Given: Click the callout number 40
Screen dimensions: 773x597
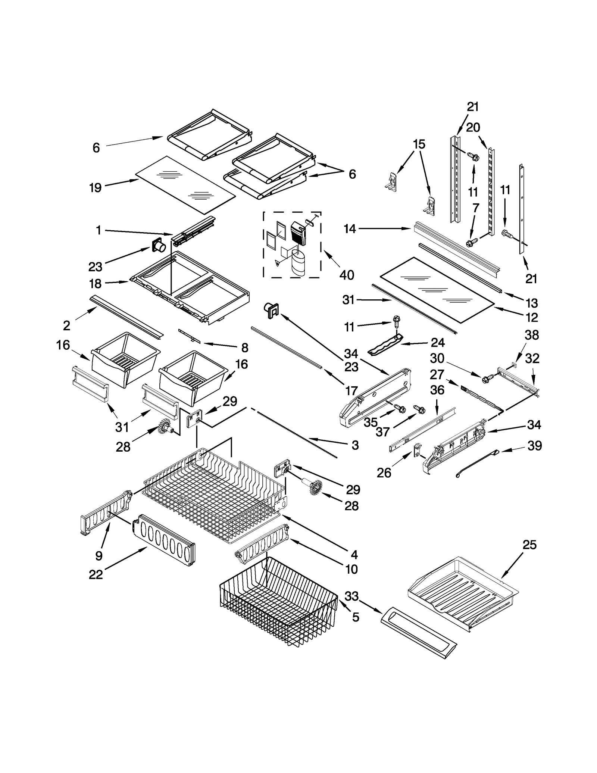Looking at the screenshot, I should pyautogui.click(x=346, y=275).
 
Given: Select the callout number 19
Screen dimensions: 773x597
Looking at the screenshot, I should pyautogui.click(x=96, y=187).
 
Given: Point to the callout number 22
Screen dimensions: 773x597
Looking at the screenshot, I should pyautogui.click(x=96, y=574).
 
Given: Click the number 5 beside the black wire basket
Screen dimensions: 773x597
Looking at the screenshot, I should pyautogui.click(x=356, y=617).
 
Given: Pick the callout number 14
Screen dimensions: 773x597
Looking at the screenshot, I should pyautogui.click(x=350, y=229).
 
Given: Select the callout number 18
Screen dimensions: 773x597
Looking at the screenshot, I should pyautogui.click(x=96, y=284).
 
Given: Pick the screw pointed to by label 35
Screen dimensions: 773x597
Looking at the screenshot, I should pyautogui.click(x=401, y=409).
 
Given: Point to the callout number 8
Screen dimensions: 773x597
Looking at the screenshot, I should pyautogui.click(x=244, y=348).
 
